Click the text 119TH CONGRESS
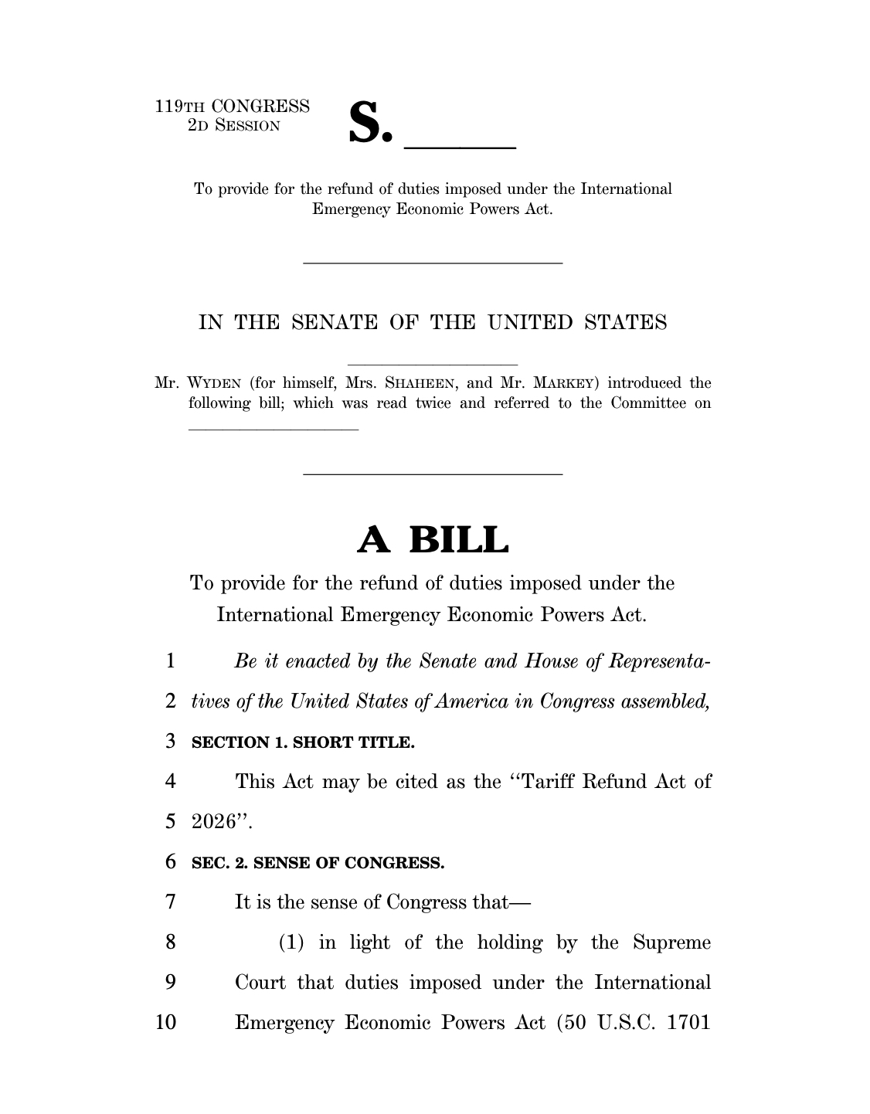click(x=233, y=106)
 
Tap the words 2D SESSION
click(x=234, y=125)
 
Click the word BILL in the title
click(x=459, y=540)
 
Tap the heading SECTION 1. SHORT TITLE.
click(x=303, y=743)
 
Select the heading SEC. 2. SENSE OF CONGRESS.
click(x=318, y=863)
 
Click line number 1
click(x=171, y=662)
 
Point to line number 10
click(x=166, y=1023)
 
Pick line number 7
click(x=171, y=902)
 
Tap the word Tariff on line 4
click(x=547, y=782)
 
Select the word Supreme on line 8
click(x=671, y=942)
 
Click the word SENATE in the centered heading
click(x=335, y=323)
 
